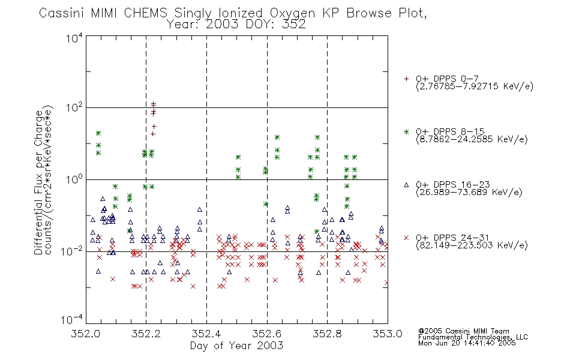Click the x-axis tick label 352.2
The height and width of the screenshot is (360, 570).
(x=146, y=334)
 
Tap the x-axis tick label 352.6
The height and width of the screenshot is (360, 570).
(x=267, y=334)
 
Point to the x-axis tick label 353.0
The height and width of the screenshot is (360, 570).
(x=388, y=334)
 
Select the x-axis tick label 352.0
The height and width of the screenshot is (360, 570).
(x=85, y=334)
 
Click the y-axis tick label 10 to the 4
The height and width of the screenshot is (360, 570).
(x=74, y=38)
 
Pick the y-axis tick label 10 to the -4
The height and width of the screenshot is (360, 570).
(x=72, y=319)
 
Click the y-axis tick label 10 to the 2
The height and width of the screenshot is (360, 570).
(x=74, y=107)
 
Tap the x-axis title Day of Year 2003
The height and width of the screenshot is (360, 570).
(x=236, y=346)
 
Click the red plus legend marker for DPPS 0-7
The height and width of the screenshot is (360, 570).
(x=406, y=79)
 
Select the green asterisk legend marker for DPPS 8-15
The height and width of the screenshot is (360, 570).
(x=406, y=131)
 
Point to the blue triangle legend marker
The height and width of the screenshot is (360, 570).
(x=406, y=185)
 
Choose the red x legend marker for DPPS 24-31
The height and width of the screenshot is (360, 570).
(x=406, y=238)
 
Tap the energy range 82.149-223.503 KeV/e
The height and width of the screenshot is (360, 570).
(x=472, y=245)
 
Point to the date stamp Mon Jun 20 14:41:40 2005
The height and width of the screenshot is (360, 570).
(x=467, y=343)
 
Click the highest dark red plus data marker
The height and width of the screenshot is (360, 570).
(x=154, y=104)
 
